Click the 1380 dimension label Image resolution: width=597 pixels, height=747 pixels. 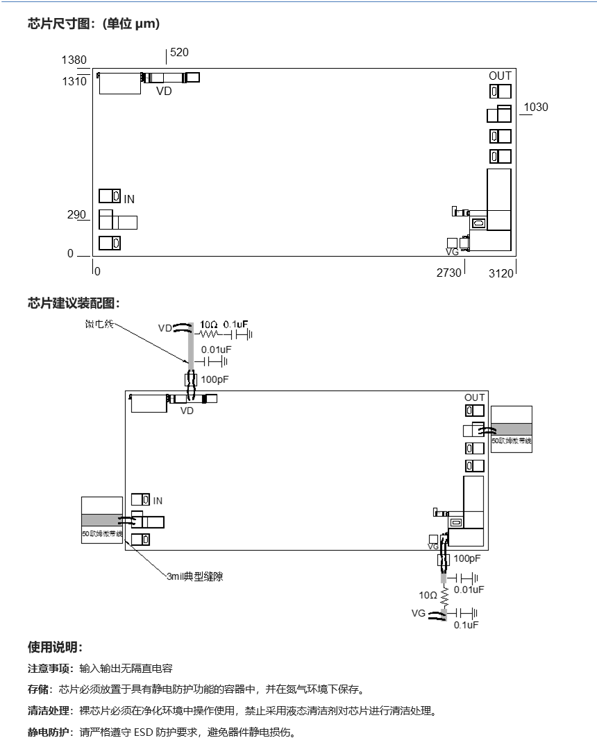point(74,60)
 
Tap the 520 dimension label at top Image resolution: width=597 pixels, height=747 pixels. point(179,53)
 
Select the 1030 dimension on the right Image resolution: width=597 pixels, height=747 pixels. point(536,108)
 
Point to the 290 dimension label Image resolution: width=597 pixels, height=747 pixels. point(76,215)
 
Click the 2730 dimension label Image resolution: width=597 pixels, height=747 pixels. point(448,273)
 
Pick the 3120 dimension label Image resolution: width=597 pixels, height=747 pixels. point(501,273)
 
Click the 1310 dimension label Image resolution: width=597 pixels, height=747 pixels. point(74,81)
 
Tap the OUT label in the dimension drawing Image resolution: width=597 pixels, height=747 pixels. point(500,76)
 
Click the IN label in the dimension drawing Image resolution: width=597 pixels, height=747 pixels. point(129,200)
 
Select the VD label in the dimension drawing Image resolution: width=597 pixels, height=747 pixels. point(163,91)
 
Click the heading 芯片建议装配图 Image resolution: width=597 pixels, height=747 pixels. point(74,303)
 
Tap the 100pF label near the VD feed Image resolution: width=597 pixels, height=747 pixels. point(214,379)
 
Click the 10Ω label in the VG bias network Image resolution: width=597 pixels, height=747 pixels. point(428,595)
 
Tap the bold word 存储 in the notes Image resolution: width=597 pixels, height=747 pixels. point(38,689)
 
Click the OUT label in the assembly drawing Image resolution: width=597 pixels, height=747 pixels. point(475,397)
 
